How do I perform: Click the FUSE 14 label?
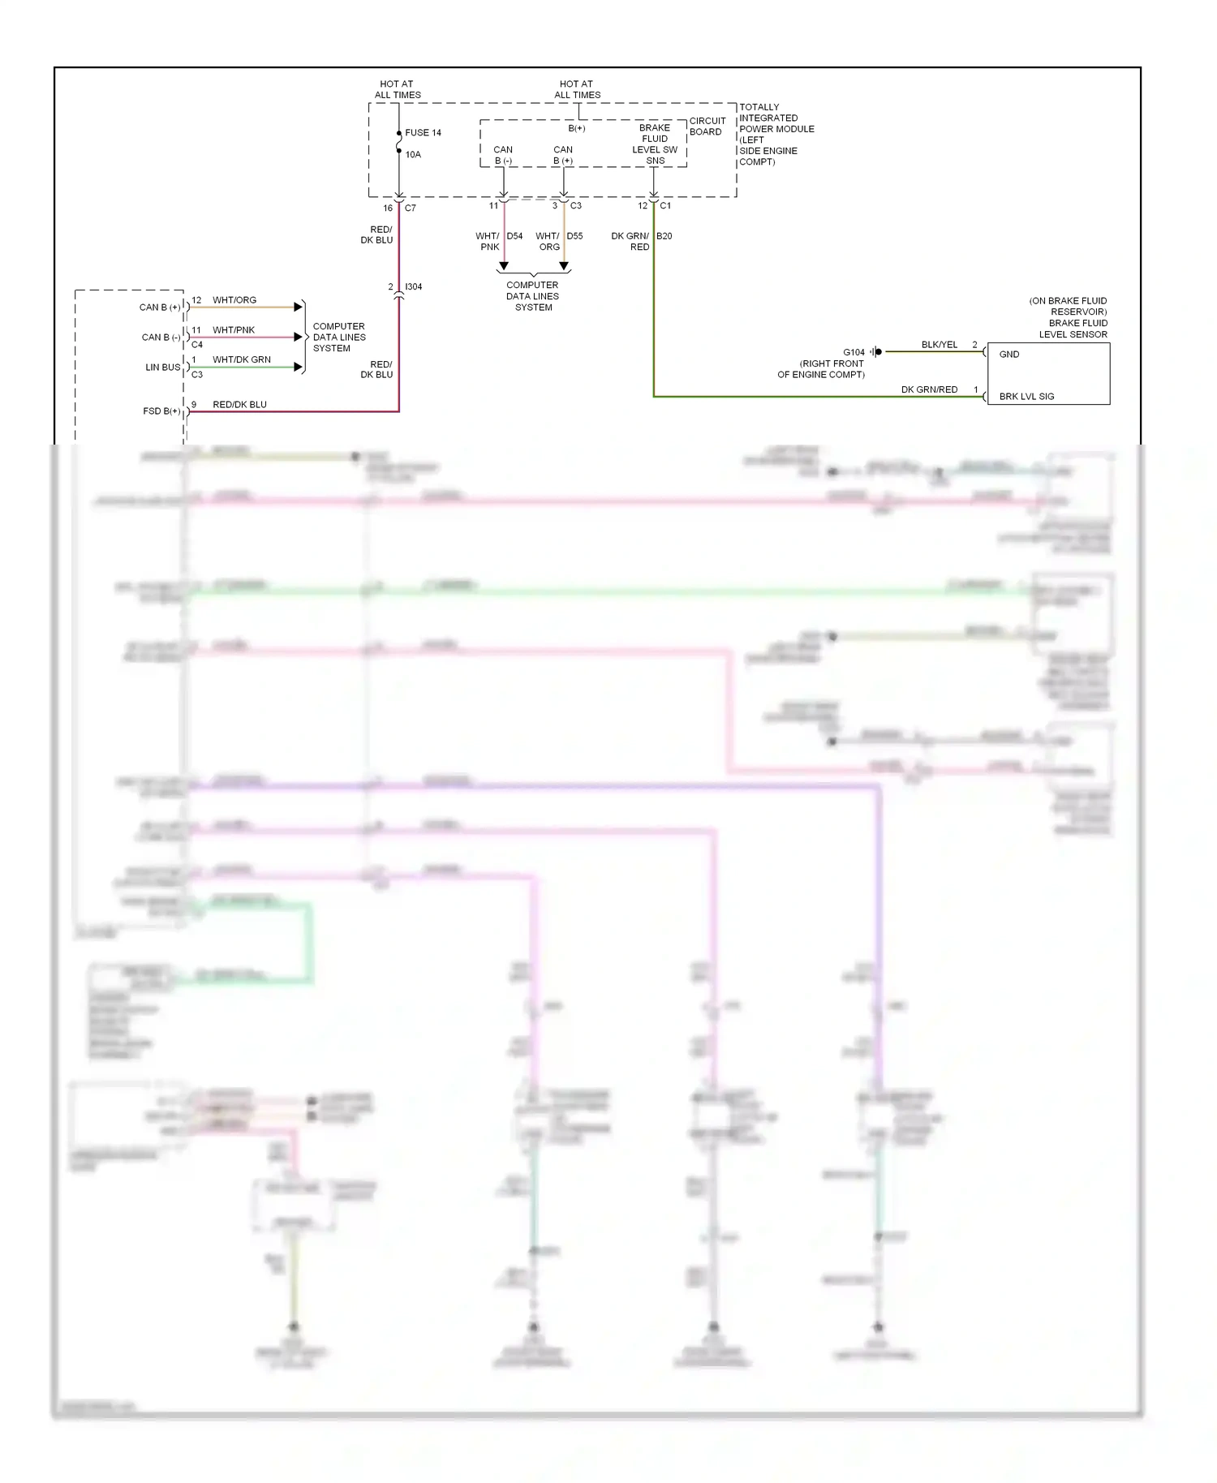(423, 133)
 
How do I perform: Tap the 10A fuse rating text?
(413, 155)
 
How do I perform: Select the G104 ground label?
(854, 353)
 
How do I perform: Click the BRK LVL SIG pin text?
(1026, 397)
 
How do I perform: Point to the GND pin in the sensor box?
(1009, 355)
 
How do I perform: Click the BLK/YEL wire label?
(940, 346)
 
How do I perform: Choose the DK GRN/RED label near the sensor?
(929, 390)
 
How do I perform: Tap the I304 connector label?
(413, 287)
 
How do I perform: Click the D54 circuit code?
(514, 237)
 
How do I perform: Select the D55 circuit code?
(574, 237)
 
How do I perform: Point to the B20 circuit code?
(664, 237)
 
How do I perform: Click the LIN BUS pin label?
(162, 368)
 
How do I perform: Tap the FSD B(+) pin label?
(161, 411)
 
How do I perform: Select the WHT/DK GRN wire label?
(242, 360)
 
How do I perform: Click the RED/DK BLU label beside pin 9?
(239, 405)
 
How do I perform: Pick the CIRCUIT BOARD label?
(707, 127)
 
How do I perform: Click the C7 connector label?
(411, 208)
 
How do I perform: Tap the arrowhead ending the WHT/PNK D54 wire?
(504, 266)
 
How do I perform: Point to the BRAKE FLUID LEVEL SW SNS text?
(655, 144)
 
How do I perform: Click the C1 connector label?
(665, 206)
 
